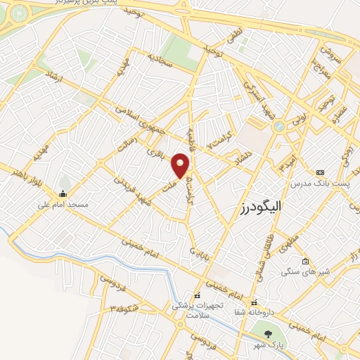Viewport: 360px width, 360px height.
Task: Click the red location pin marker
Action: click(x=181, y=165)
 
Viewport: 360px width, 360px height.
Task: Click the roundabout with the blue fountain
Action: click(x=280, y=127)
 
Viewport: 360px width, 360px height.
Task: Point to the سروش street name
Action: click(x=327, y=53)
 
